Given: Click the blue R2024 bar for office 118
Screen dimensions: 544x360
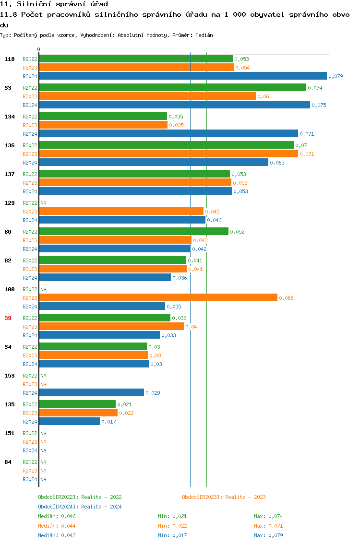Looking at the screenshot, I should coord(183,76).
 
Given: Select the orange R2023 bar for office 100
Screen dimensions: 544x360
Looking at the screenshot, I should coord(158,298).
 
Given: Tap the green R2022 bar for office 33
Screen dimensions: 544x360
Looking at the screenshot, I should coord(173,87).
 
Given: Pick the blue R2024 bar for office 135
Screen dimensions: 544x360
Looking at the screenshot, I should coord(70,421).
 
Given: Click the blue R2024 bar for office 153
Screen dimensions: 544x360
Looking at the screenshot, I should coord(92,392).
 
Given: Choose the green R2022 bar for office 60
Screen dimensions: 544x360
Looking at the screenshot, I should coord(134,231).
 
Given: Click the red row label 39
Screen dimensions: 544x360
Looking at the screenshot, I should coord(8,318).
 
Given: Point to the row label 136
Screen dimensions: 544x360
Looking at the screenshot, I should coord(10,145).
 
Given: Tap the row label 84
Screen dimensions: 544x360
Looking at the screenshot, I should coord(8,462).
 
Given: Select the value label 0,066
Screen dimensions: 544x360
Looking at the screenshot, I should coord(286,298).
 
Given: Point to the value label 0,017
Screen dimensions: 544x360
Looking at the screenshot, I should coord(108,422).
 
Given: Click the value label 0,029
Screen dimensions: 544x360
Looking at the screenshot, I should coord(153,393).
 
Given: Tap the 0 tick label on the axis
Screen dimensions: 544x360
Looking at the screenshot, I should coord(39,49).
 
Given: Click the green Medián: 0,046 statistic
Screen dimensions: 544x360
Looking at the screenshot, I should coord(57,516).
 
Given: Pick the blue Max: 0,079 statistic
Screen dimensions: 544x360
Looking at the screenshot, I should coord(268,535).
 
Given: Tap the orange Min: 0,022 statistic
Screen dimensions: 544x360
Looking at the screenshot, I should coord(172,526).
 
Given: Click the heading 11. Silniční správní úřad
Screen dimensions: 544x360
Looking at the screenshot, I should coord(50,4).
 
